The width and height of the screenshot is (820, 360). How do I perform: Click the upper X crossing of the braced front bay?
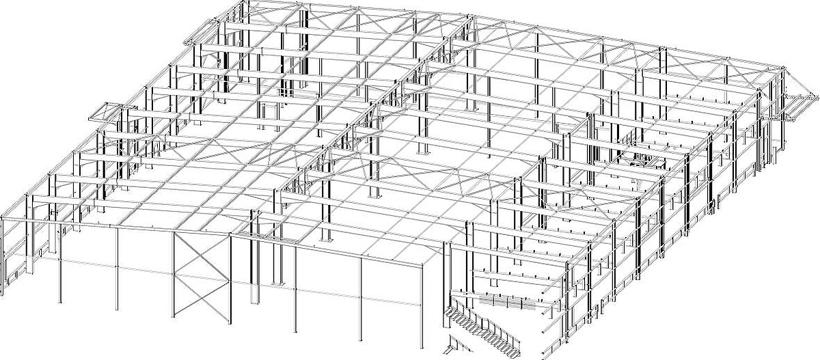point(202,255)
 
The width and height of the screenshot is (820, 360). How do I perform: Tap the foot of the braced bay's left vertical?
point(174,317)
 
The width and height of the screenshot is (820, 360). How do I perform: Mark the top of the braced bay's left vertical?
point(174,232)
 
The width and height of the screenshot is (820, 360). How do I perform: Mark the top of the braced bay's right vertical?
point(230,236)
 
